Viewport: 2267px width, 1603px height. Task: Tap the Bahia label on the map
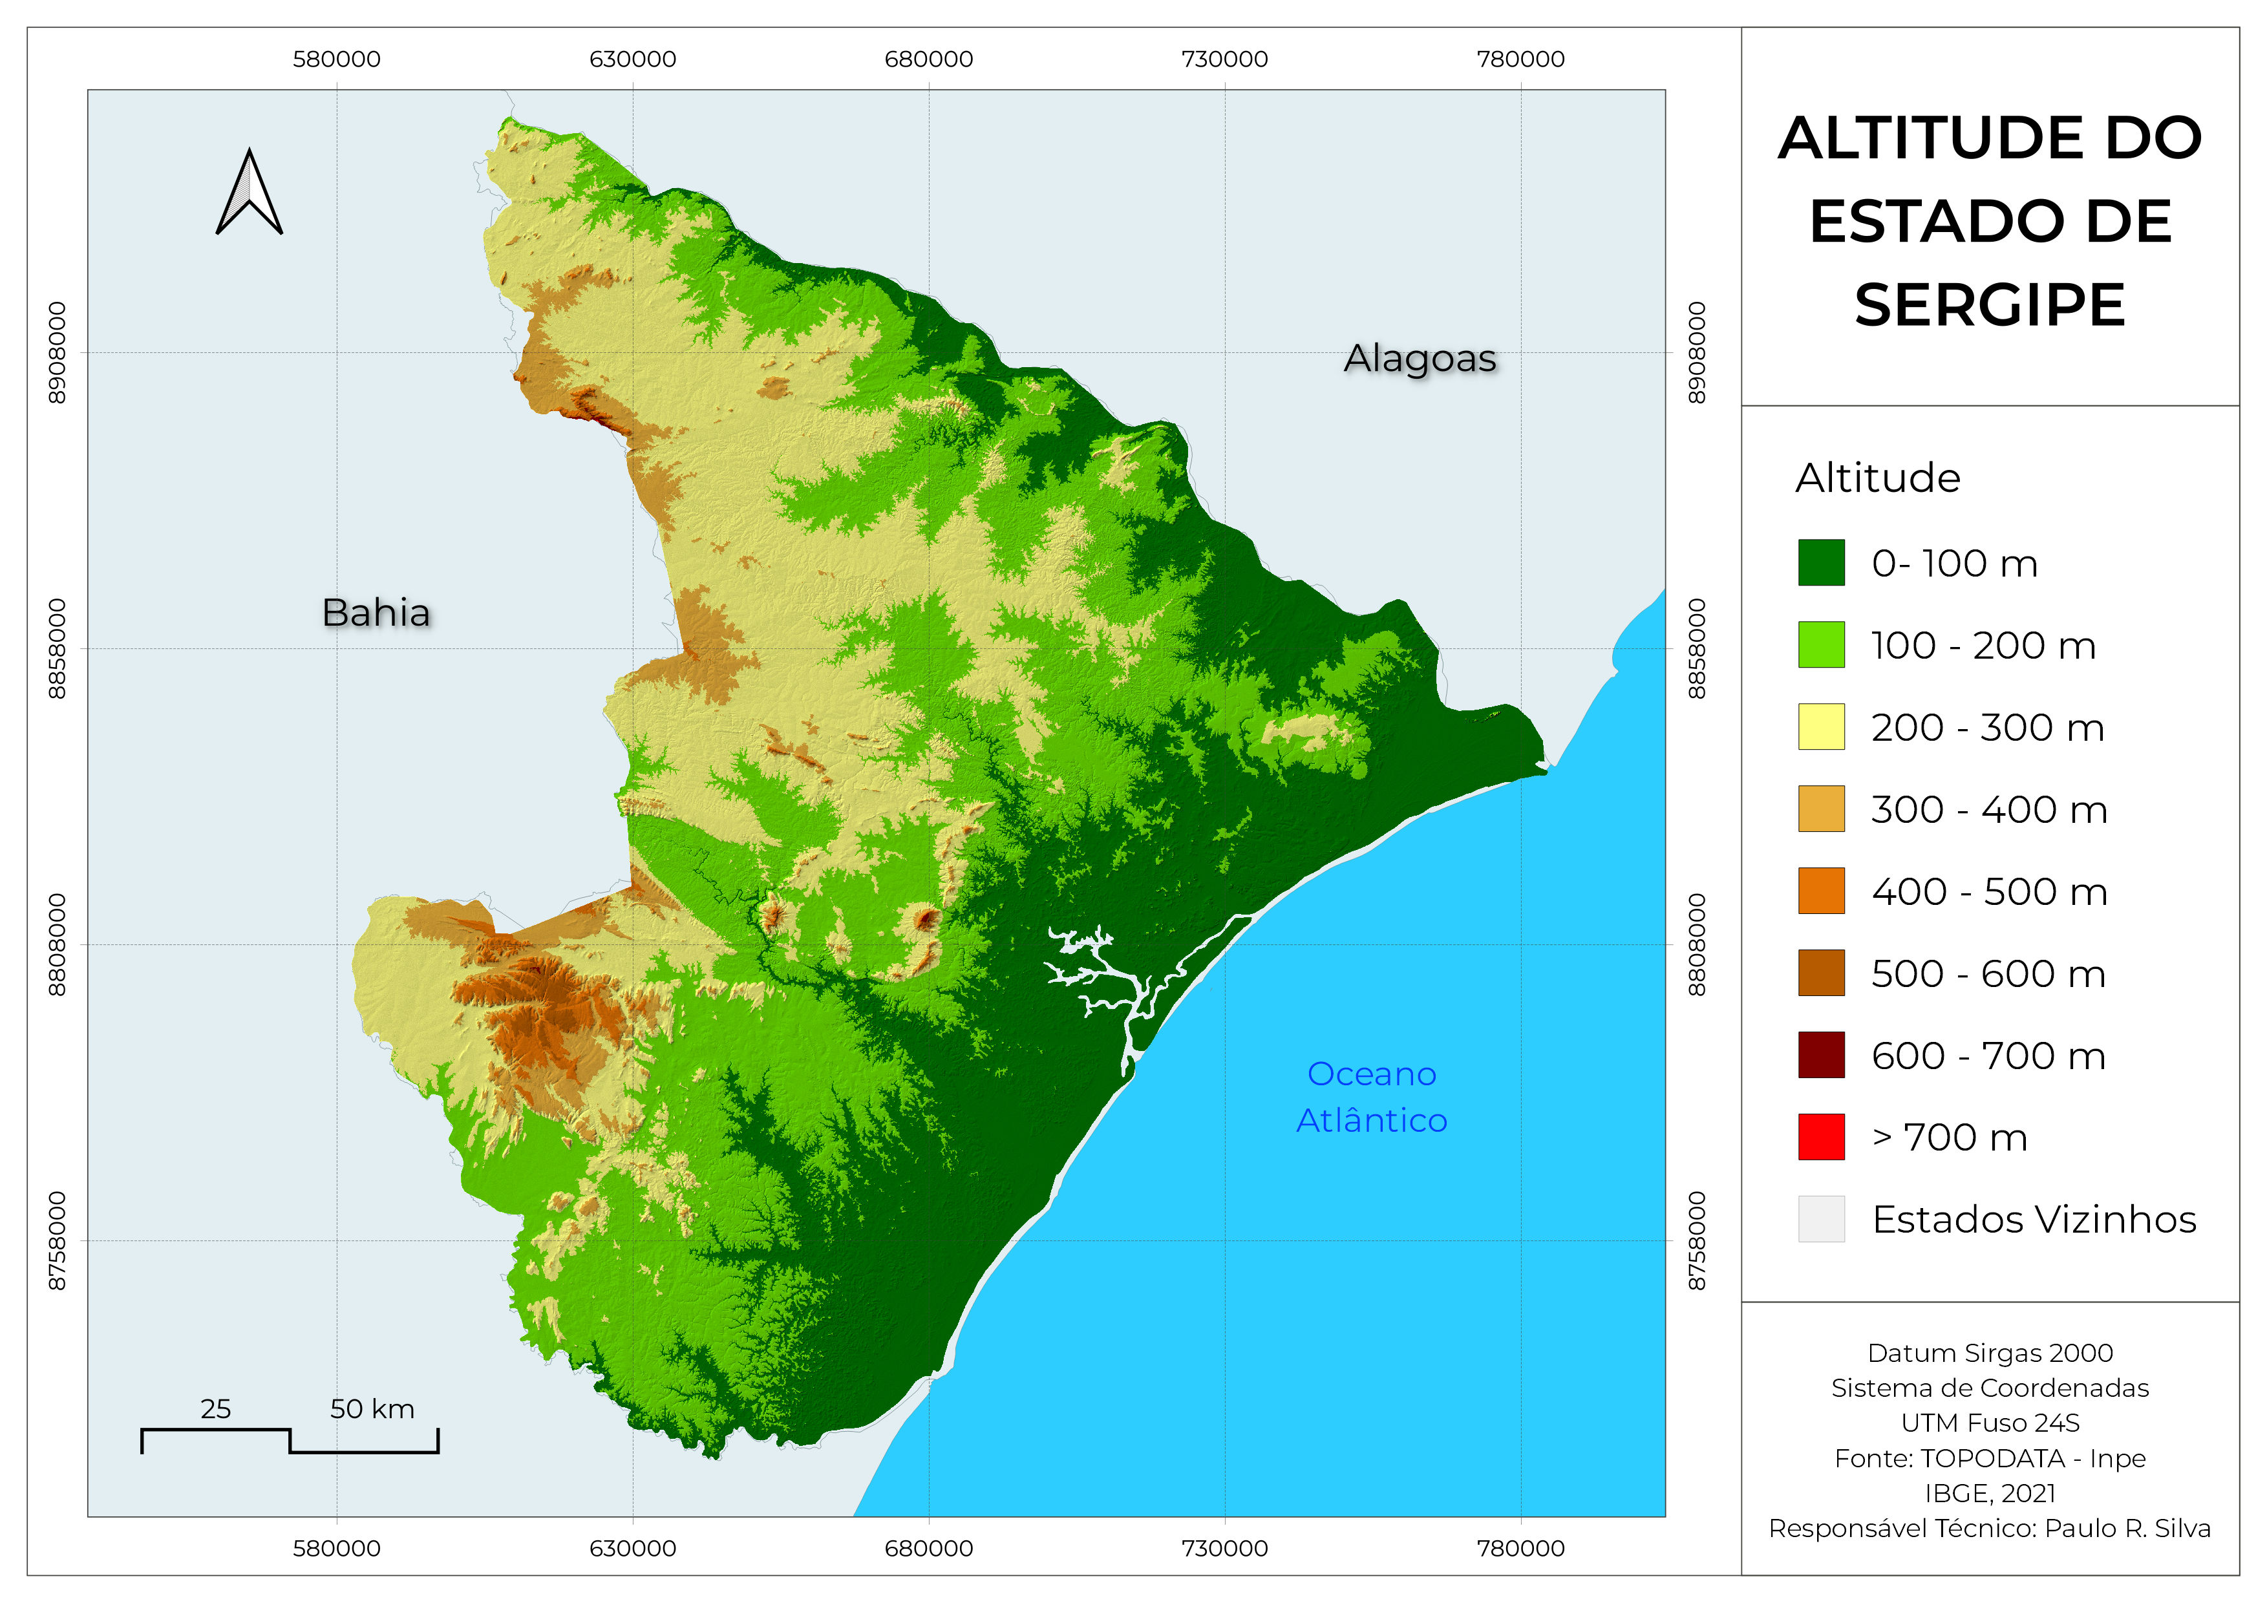point(376,613)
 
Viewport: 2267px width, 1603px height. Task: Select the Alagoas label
point(1419,358)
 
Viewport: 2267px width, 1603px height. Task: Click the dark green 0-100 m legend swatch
point(1821,562)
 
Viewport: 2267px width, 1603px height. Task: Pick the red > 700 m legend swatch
point(1821,1136)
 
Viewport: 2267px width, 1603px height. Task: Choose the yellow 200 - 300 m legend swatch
point(1821,727)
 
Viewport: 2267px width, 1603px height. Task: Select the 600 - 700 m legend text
point(1988,1055)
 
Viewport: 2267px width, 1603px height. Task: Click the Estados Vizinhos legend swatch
point(1821,1218)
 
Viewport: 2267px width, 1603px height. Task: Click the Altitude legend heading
point(1877,478)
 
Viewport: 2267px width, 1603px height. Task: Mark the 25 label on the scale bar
point(215,1408)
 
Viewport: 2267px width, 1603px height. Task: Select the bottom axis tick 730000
point(1224,1547)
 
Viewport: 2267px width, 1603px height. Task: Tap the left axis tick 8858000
point(58,648)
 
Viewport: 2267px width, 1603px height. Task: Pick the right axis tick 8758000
point(1696,1241)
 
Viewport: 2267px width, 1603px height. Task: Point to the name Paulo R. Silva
point(2127,1528)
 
